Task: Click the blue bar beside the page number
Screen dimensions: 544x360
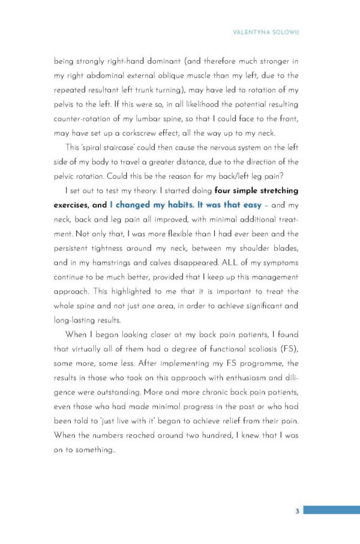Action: (x=331, y=510)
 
